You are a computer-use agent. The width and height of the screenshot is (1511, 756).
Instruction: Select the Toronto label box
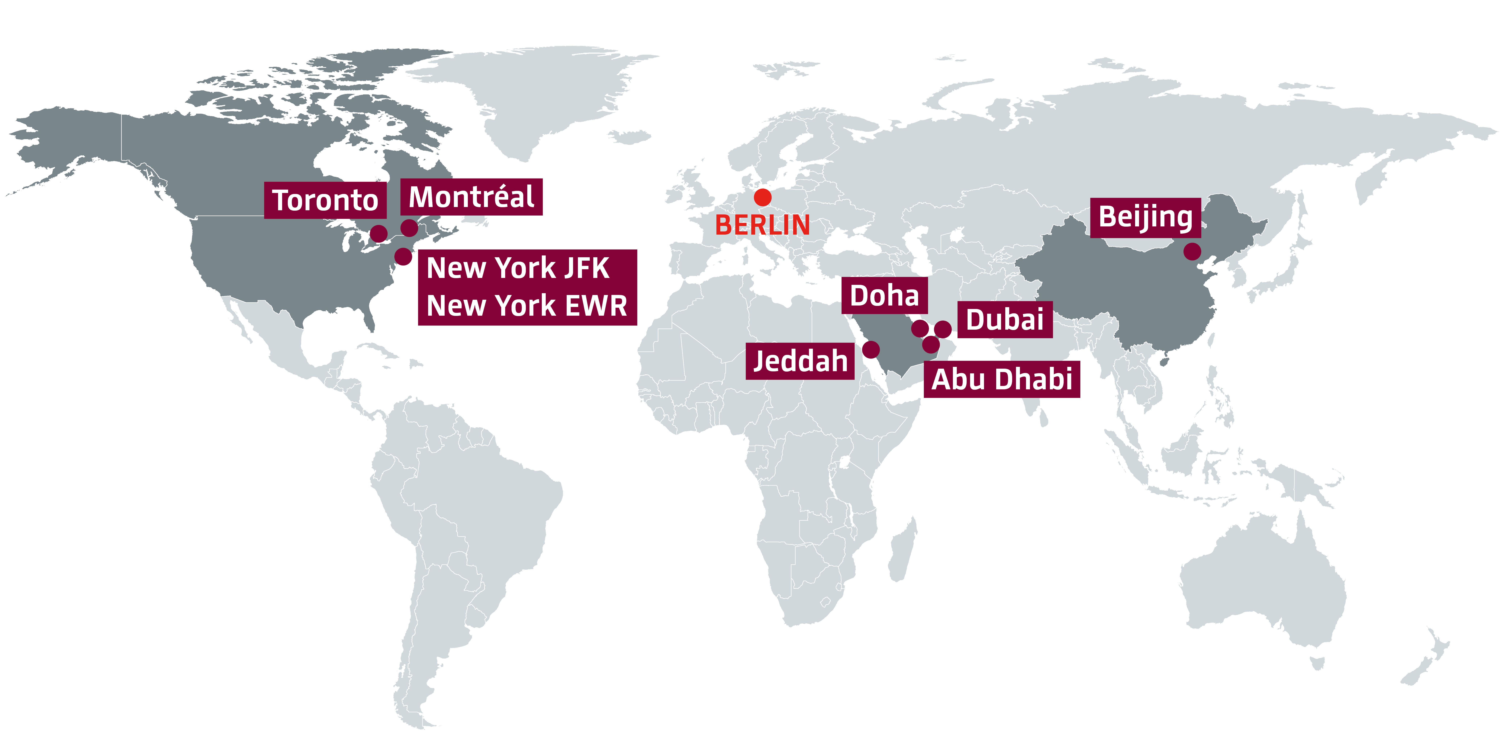tap(325, 200)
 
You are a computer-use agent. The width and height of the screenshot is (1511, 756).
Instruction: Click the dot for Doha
tap(920, 328)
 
